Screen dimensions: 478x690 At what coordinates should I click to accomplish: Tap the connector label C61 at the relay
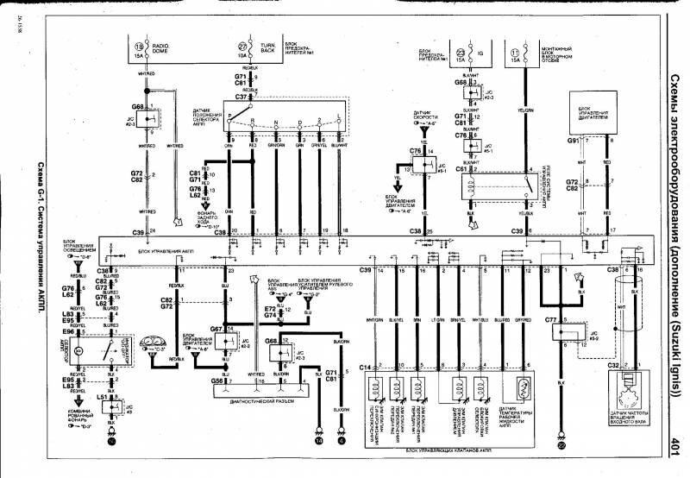(461, 169)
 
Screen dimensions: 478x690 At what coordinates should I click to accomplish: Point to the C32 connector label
(613, 366)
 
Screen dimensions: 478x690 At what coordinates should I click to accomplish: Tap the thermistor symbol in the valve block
(521, 384)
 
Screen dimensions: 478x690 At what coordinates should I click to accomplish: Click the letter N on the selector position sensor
(275, 123)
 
